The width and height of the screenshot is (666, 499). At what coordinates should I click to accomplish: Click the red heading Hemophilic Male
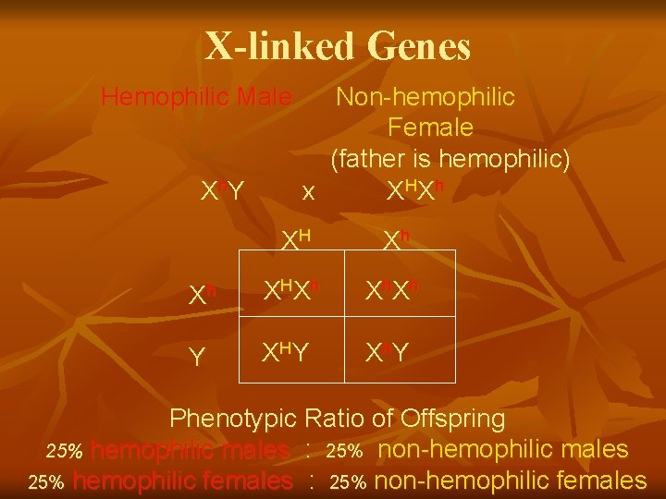196,96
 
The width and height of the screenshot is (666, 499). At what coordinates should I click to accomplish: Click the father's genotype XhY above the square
223,189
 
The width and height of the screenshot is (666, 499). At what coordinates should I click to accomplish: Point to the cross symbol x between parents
308,193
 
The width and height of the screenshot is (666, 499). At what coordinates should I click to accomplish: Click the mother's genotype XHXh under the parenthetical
415,189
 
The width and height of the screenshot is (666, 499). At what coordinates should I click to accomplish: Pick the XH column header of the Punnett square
295,240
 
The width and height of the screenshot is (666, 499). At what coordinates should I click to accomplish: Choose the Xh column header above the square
396,240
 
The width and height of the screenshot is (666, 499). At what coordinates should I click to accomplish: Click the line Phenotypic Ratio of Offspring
337,419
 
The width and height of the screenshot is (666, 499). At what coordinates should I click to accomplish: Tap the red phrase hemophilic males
191,450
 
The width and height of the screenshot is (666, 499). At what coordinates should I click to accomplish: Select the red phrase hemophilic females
182,481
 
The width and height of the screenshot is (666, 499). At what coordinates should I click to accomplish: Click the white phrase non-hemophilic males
504,450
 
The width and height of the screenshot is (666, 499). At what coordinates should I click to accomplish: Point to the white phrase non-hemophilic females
512,481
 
